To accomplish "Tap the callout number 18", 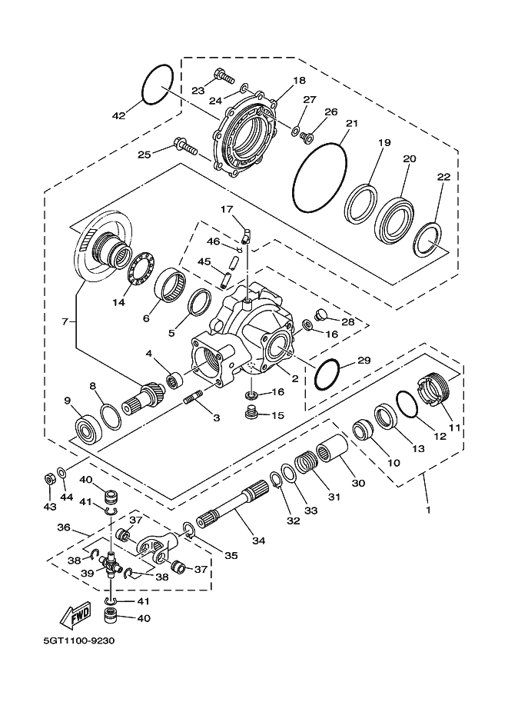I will pyautogui.click(x=299, y=81).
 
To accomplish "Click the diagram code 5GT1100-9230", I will pyautogui.click(x=78, y=641).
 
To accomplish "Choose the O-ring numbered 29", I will pyautogui.click(x=329, y=373).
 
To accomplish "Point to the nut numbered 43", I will pyautogui.click(x=48, y=479).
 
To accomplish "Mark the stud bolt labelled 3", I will pyautogui.click(x=192, y=401).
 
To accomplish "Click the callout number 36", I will pyautogui.click(x=64, y=528).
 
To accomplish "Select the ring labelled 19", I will pyautogui.click(x=360, y=204).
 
